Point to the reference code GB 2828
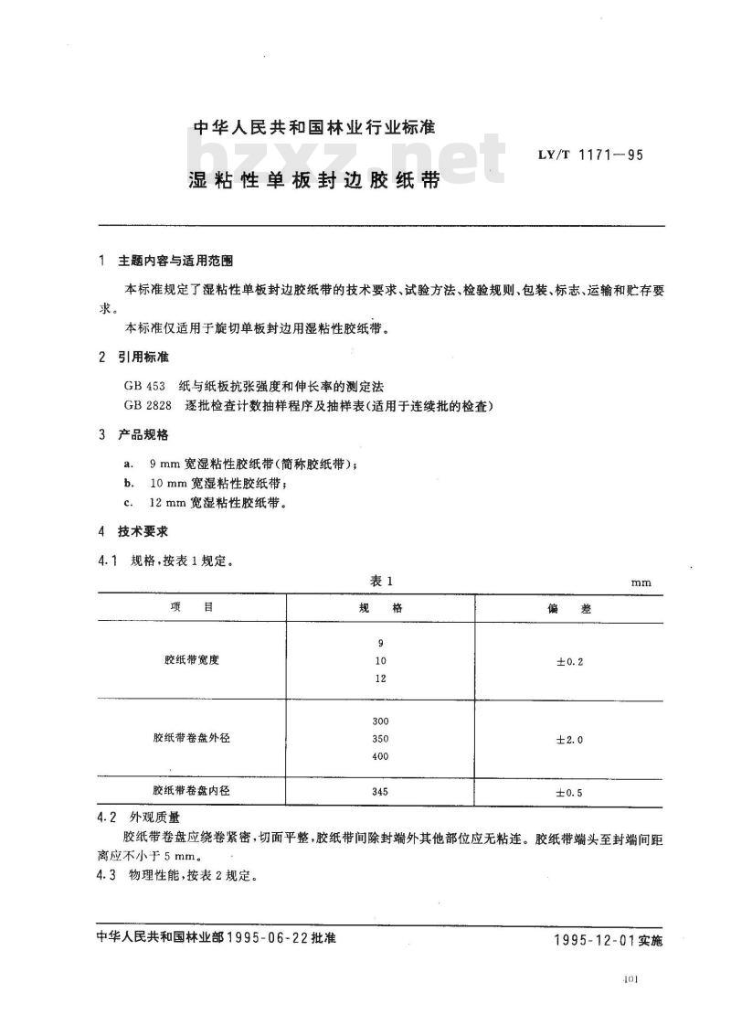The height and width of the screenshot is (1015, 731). [150, 405]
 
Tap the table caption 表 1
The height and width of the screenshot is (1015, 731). [380, 581]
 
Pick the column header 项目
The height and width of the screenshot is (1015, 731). [191, 607]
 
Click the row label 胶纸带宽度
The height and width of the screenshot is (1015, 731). [192, 660]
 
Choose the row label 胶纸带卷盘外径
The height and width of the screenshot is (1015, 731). [192, 738]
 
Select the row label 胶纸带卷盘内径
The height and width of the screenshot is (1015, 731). [192, 791]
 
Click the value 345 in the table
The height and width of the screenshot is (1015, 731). [381, 791]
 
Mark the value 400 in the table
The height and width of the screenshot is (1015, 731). [381, 756]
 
